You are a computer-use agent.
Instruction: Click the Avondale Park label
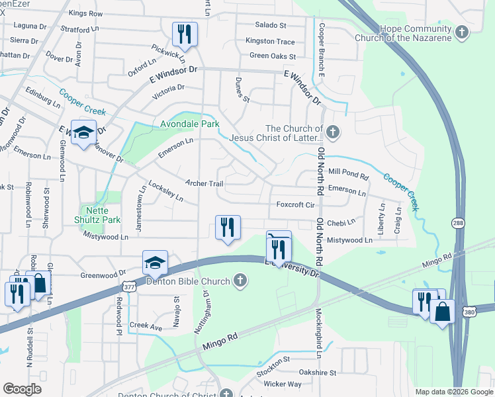pyautogui.click(x=190, y=124)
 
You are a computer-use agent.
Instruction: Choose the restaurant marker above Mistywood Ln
pyautogui.click(x=228, y=227)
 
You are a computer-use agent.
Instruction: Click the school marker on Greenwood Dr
pyautogui.click(x=155, y=263)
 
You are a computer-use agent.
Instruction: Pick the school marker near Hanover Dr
pyautogui.click(x=84, y=132)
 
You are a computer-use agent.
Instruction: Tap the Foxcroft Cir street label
pyautogui.click(x=294, y=204)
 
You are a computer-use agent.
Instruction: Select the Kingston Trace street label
pyautogui.click(x=270, y=41)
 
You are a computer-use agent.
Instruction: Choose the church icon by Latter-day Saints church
pyautogui.click(x=334, y=133)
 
